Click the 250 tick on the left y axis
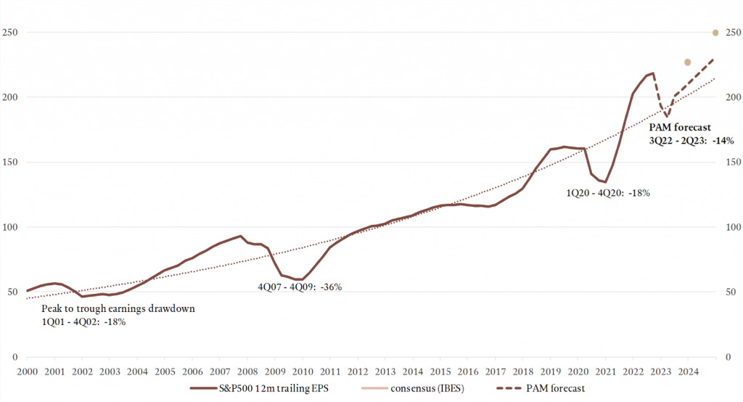(10, 33)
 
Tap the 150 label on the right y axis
(731, 163)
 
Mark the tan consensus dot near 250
(715, 33)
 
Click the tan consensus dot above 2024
(688, 62)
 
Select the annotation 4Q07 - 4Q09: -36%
(300, 287)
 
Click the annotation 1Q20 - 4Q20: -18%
(608, 193)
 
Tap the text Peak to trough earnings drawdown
(118, 308)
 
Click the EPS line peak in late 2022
(653, 73)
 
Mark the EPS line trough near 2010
(298, 279)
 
